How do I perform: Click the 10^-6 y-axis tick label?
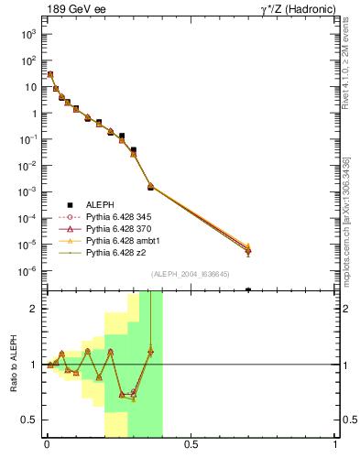coord(27,271)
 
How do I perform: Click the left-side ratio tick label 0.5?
coord(29,420)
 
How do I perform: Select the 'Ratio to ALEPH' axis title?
coord(12,364)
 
